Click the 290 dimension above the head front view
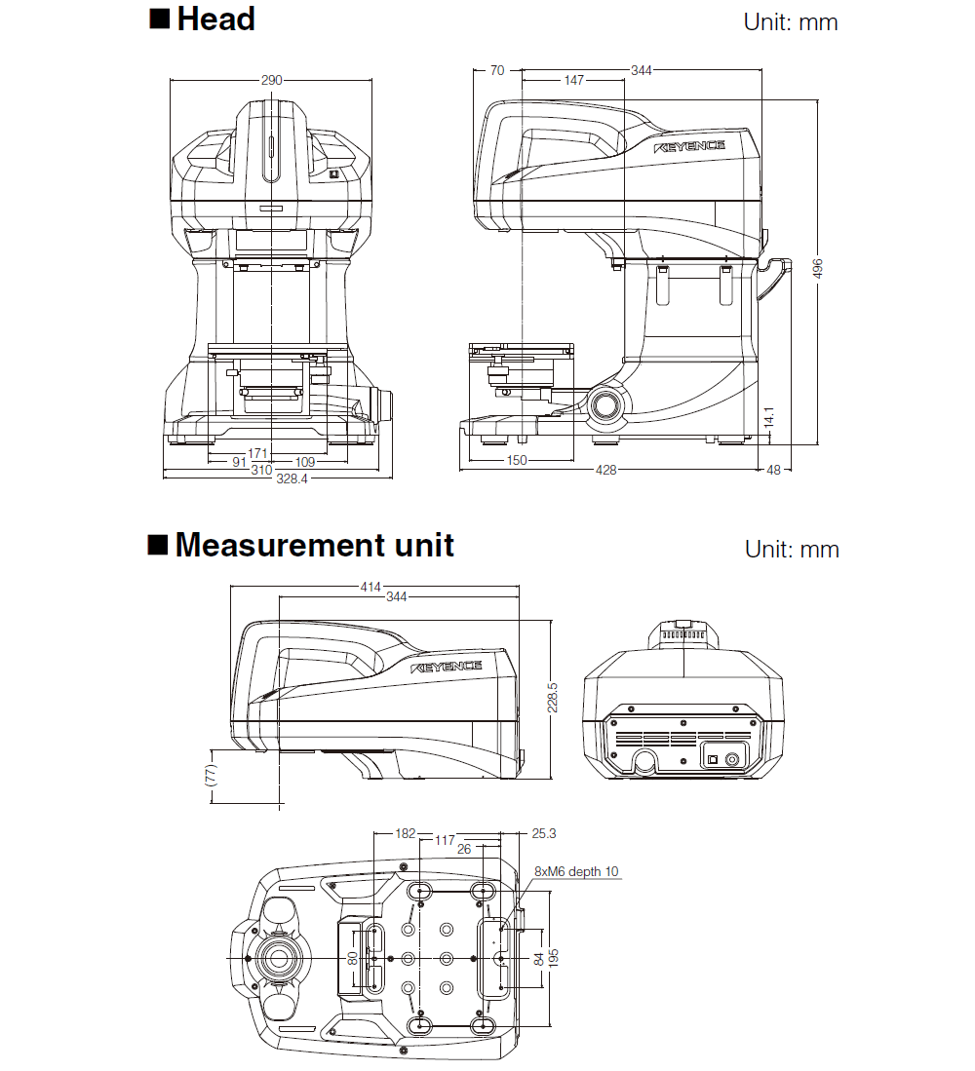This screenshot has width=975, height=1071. [x=272, y=80]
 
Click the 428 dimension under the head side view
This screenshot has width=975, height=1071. [x=605, y=471]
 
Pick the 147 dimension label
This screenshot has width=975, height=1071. [x=573, y=80]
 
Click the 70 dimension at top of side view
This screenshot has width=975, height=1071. [x=497, y=70]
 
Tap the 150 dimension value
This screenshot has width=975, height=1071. [x=517, y=460]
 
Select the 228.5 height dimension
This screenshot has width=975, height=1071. [x=553, y=697]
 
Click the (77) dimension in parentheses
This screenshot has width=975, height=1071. [x=212, y=776]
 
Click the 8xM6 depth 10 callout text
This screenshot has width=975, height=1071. [x=576, y=871]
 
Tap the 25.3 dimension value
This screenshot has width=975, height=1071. [x=544, y=834]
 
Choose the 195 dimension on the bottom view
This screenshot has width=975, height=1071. [x=553, y=959]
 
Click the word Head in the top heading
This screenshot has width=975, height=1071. [x=215, y=19]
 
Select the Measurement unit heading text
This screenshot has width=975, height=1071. [x=314, y=545]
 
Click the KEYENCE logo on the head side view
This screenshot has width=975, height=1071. [x=690, y=146]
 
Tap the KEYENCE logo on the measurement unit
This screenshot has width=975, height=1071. [x=447, y=667]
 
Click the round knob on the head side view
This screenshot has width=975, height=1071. [x=607, y=404]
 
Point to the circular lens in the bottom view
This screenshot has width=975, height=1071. [x=280, y=958]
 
